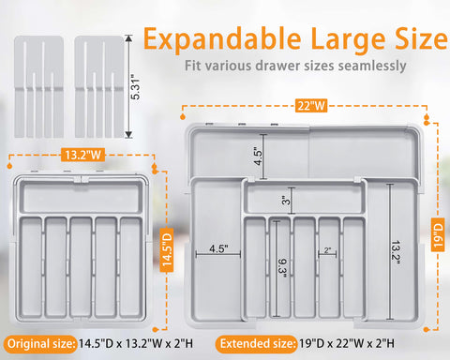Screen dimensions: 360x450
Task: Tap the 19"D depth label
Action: (x=436, y=229)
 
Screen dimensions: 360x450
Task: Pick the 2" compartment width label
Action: (x=326, y=250)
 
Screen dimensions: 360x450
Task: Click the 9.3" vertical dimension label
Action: (x=281, y=268)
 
